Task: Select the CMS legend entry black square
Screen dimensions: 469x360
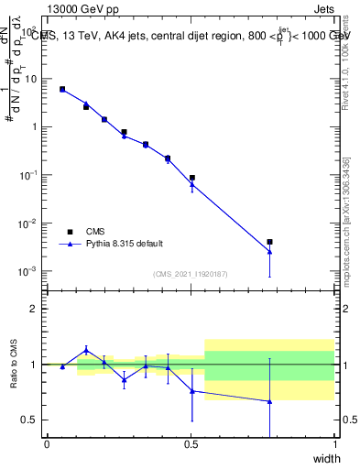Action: (69, 232)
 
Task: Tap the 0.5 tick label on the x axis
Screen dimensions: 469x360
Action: (191, 444)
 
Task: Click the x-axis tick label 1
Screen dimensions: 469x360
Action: (334, 444)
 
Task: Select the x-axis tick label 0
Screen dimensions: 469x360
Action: (47, 444)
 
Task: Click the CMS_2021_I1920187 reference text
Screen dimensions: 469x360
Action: (190, 273)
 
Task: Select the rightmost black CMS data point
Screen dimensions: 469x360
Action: (269, 242)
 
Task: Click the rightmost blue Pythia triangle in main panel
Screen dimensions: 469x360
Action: (269, 252)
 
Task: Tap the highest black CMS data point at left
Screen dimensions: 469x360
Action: (62, 89)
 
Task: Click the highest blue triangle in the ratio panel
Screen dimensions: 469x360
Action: (86, 350)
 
